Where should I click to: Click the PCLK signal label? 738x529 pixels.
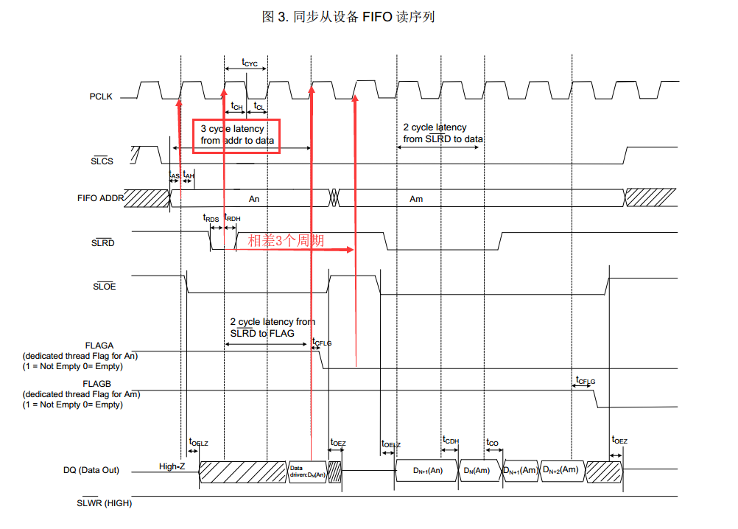coord(101,97)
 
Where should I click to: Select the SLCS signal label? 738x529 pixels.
coord(102,161)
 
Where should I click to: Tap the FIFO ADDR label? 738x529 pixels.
coord(100,198)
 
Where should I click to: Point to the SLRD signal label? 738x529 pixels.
coord(102,242)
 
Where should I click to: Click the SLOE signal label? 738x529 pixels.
coord(103,287)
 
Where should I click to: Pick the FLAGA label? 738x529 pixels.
coord(100,345)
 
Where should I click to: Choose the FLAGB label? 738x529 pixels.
coord(100,384)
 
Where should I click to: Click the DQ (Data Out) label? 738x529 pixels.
coord(92,470)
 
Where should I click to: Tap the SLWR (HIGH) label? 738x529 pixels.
coord(104,503)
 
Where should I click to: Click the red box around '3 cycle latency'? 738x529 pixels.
coord(236,136)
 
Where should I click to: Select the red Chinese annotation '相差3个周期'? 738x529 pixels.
coord(286,240)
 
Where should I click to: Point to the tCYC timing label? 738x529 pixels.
coord(250,63)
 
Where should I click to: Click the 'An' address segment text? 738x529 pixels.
coord(254,199)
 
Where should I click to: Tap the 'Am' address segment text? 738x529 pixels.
coord(416,199)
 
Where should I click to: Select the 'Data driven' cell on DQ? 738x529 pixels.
coord(306,471)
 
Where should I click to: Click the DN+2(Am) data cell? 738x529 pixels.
coord(560,470)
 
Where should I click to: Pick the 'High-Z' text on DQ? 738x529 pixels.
coord(172,466)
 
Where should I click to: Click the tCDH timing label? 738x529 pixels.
coord(451,441)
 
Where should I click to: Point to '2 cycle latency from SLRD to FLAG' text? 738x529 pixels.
coord(273,327)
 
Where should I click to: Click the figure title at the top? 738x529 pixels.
coord(348,16)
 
